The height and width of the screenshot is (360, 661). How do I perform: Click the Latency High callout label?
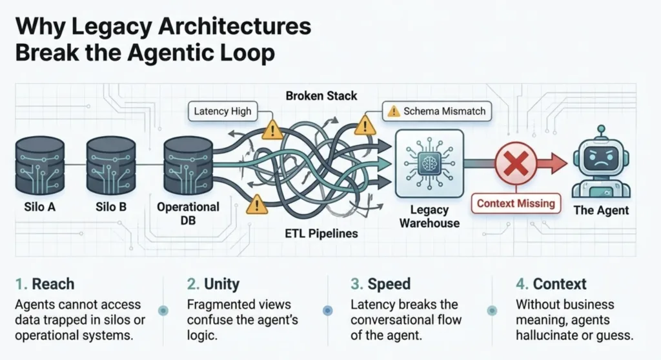222,112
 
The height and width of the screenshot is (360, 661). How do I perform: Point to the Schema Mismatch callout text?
443,112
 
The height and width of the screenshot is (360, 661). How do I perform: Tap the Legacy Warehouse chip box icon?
429,164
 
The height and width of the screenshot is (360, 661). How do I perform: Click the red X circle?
515,165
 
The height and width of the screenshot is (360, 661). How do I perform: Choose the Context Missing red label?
516,204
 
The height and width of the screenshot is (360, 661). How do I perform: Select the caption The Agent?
601,210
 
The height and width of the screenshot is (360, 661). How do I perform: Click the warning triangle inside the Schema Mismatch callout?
393,112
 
